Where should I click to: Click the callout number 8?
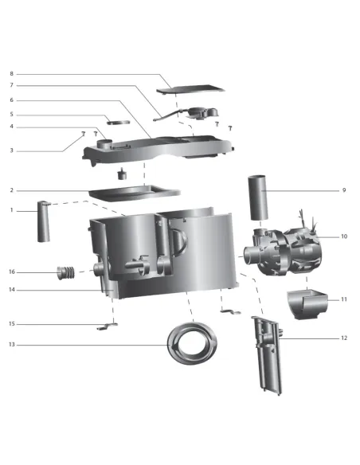(12, 73)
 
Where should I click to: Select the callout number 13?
(12, 345)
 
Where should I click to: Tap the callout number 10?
(344, 236)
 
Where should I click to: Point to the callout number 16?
(12, 272)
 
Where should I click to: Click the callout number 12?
(344, 338)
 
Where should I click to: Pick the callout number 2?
(12, 190)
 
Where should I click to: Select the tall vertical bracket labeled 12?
(267, 354)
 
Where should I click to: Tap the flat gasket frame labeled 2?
(134, 192)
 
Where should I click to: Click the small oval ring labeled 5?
(119, 123)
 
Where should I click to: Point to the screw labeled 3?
(83, 135)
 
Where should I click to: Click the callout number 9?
(344, 190)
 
